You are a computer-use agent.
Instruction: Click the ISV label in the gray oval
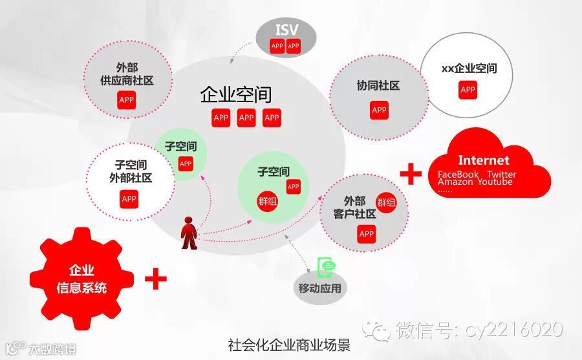[286, 30]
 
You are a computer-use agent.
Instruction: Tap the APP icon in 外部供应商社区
[127, 100]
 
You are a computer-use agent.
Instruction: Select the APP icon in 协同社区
[379, 110]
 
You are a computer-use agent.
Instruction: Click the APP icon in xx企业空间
[468, 90]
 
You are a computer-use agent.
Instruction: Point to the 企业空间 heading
[236, 94]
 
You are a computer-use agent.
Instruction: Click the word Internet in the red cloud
[484, 160]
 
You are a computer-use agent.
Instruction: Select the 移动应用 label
[320, 288]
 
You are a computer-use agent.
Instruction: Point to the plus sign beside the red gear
[155, 280]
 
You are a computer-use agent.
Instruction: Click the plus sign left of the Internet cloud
[411, 174]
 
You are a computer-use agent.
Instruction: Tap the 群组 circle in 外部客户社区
[386, 202]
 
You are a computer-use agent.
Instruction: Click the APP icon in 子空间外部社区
[129, 198]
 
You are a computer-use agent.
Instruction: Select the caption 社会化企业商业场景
[289, 344]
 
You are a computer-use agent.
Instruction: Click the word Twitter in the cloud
[501, 175]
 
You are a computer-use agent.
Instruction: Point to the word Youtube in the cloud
[495, 182]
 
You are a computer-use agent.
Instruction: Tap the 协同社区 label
[378, 85]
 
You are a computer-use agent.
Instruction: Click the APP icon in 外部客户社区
[367, 233]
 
